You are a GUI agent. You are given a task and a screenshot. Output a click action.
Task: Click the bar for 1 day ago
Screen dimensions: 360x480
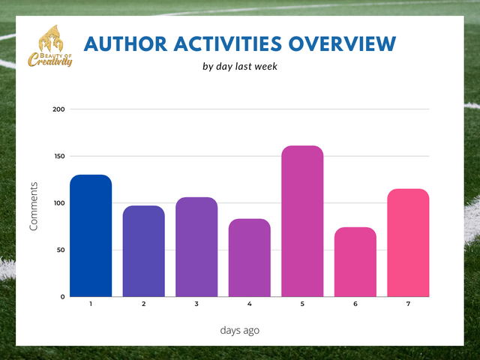(x=91, y=235)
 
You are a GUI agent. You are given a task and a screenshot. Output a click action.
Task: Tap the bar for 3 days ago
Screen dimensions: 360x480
(x=196, y=247)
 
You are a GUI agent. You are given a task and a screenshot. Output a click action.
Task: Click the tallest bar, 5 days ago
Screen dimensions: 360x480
(x=302, y=221)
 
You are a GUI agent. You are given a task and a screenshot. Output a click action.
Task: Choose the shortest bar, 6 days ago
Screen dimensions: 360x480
(x=355, y=262)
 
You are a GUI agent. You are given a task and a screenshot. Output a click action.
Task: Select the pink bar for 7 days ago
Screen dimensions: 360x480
(x=408, y=242)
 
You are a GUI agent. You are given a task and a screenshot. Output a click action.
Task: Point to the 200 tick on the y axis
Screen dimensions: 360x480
(x=58, y=109)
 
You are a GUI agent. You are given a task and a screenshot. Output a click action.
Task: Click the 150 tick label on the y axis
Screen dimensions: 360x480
(x=58, y=156)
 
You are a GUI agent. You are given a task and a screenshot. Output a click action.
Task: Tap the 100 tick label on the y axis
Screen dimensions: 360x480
(x=58, y=203)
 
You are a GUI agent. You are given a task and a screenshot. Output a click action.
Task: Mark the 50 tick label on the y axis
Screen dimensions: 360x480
(x=60, y=250)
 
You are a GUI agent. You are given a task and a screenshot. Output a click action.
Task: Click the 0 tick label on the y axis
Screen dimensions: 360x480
(x=63, y=296)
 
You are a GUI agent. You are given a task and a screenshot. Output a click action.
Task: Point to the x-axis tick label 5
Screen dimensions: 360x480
(x=302, y=304)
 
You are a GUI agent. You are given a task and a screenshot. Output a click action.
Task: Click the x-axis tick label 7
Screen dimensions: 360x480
(x=408, y=304)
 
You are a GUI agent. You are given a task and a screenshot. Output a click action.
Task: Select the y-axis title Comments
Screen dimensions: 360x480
(x=34, y=206)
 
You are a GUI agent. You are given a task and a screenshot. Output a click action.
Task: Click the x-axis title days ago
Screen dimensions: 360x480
(x=240, y=329)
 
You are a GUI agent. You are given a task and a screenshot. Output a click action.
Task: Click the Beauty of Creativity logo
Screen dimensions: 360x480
(x=50, y=47)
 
